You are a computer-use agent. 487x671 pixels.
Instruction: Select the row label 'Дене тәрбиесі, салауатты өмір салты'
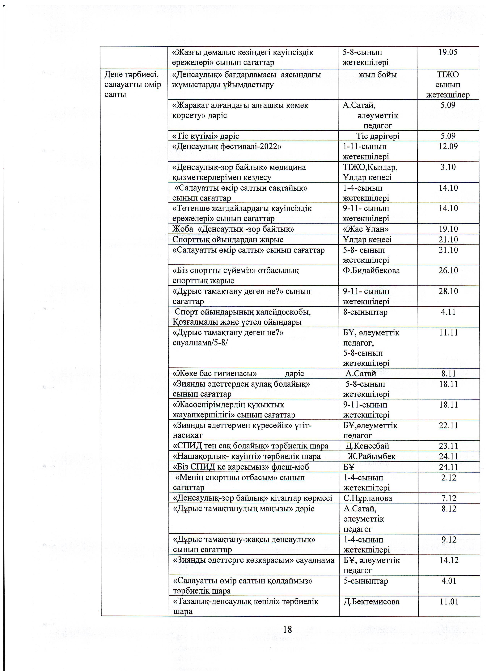(x=133, y=84)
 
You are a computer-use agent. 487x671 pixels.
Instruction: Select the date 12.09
(x=448, y=146)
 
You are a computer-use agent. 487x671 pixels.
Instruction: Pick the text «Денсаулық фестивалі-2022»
(x=227, y=146)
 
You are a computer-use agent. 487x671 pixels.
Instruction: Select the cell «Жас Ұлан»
(x=366, y=229)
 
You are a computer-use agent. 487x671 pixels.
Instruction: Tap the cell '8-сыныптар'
(x=365, y=312)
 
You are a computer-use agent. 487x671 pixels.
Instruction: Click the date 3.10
(x=448, y=167)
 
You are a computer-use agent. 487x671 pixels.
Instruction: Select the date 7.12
(x=449, y=498)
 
